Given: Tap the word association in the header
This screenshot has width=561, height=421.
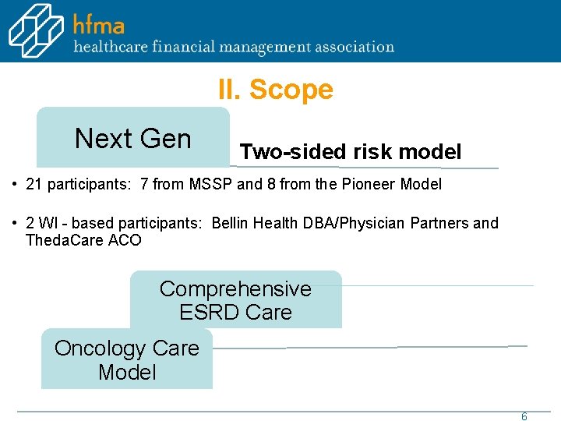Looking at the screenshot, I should [x=355, y=47].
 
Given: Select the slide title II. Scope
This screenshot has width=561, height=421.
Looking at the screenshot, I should [x=275, y=90].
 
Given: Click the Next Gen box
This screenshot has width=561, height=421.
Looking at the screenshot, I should [x=133, y=138].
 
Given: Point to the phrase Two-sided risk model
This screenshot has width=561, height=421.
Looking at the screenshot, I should [x=351, y=151].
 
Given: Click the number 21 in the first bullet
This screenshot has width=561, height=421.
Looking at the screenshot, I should [x=34, y=185].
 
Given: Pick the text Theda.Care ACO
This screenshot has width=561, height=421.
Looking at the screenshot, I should [x=83, y=240].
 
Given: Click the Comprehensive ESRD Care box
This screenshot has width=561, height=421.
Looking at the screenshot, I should [x=235, y=300].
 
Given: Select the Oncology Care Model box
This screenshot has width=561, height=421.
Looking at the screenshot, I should [x=127, y=359].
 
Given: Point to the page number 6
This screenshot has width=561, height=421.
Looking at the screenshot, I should [x=524, y=416].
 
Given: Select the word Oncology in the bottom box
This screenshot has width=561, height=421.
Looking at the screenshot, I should [x=101, y=348].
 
